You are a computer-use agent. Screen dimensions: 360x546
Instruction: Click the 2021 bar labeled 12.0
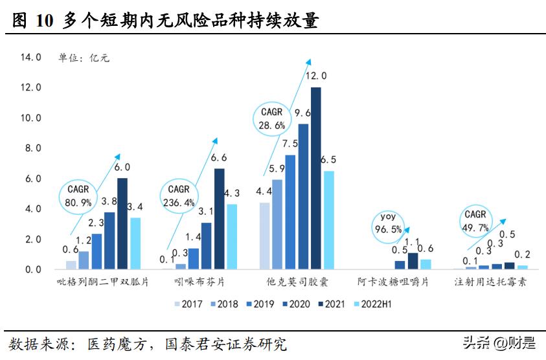point(315,178)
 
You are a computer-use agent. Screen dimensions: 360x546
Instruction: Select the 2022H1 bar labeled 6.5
point(328,220)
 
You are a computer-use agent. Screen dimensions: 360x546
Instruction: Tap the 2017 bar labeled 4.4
point(264,236)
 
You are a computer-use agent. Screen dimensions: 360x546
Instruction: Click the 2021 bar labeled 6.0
point(122,223)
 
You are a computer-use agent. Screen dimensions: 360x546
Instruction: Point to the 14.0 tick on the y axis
point(30,57)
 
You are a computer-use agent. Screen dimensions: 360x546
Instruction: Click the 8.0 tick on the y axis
point(32,148)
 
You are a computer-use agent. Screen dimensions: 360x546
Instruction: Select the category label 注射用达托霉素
point(490,283)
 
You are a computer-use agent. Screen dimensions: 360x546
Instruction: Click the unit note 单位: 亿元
point(84,58)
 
